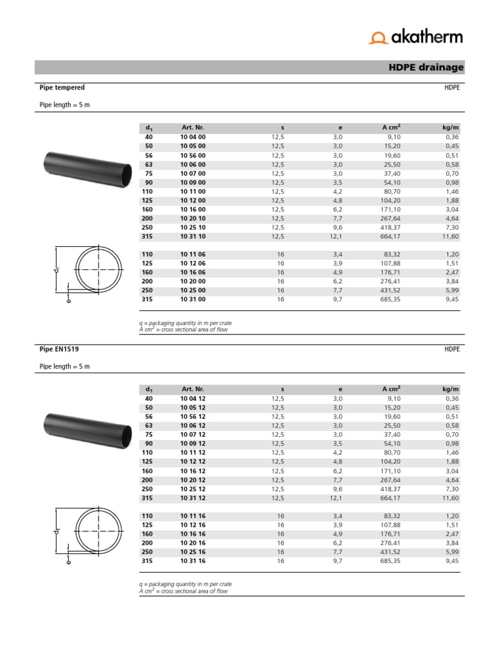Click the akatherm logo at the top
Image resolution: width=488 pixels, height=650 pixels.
(416, 37)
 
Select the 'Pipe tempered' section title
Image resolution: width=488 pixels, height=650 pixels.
(62, 88)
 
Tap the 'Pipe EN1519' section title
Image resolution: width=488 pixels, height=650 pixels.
(59, 349)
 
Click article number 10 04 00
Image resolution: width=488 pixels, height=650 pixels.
(193, 137)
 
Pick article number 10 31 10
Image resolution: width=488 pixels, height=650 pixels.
(193, 236)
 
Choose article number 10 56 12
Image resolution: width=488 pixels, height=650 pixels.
(193, 416)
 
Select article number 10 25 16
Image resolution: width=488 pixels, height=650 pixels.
(193, 552)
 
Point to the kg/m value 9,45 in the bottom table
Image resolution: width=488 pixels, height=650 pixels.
(452, 561)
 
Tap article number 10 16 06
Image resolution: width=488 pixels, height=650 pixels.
(193, 272)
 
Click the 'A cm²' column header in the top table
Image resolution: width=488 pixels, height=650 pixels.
(391, 128)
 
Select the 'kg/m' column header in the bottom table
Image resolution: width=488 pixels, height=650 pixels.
(451, 389)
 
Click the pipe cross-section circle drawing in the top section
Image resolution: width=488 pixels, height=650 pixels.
(98, 270)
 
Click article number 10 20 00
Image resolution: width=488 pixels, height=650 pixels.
(193, 281)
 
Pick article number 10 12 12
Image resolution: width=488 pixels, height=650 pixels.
(193, 461)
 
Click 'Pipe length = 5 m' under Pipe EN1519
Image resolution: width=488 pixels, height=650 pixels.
(65, 366)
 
